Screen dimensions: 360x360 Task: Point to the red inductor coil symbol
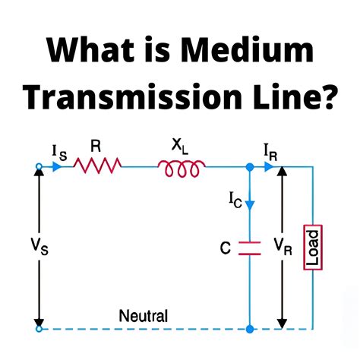(x=179, y=169)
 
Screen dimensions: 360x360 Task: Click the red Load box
(x=311, y=247)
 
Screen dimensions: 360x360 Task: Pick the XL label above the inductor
(x=181, y=146)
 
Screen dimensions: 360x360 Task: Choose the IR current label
(x=272, y=153)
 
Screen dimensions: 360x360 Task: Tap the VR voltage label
(x=283, y=246)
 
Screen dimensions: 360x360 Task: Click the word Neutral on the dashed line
(x=144, y=315)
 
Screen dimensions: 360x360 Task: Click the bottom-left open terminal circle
(x=39, y=329)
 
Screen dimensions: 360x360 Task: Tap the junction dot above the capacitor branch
(x=249, y=167)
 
